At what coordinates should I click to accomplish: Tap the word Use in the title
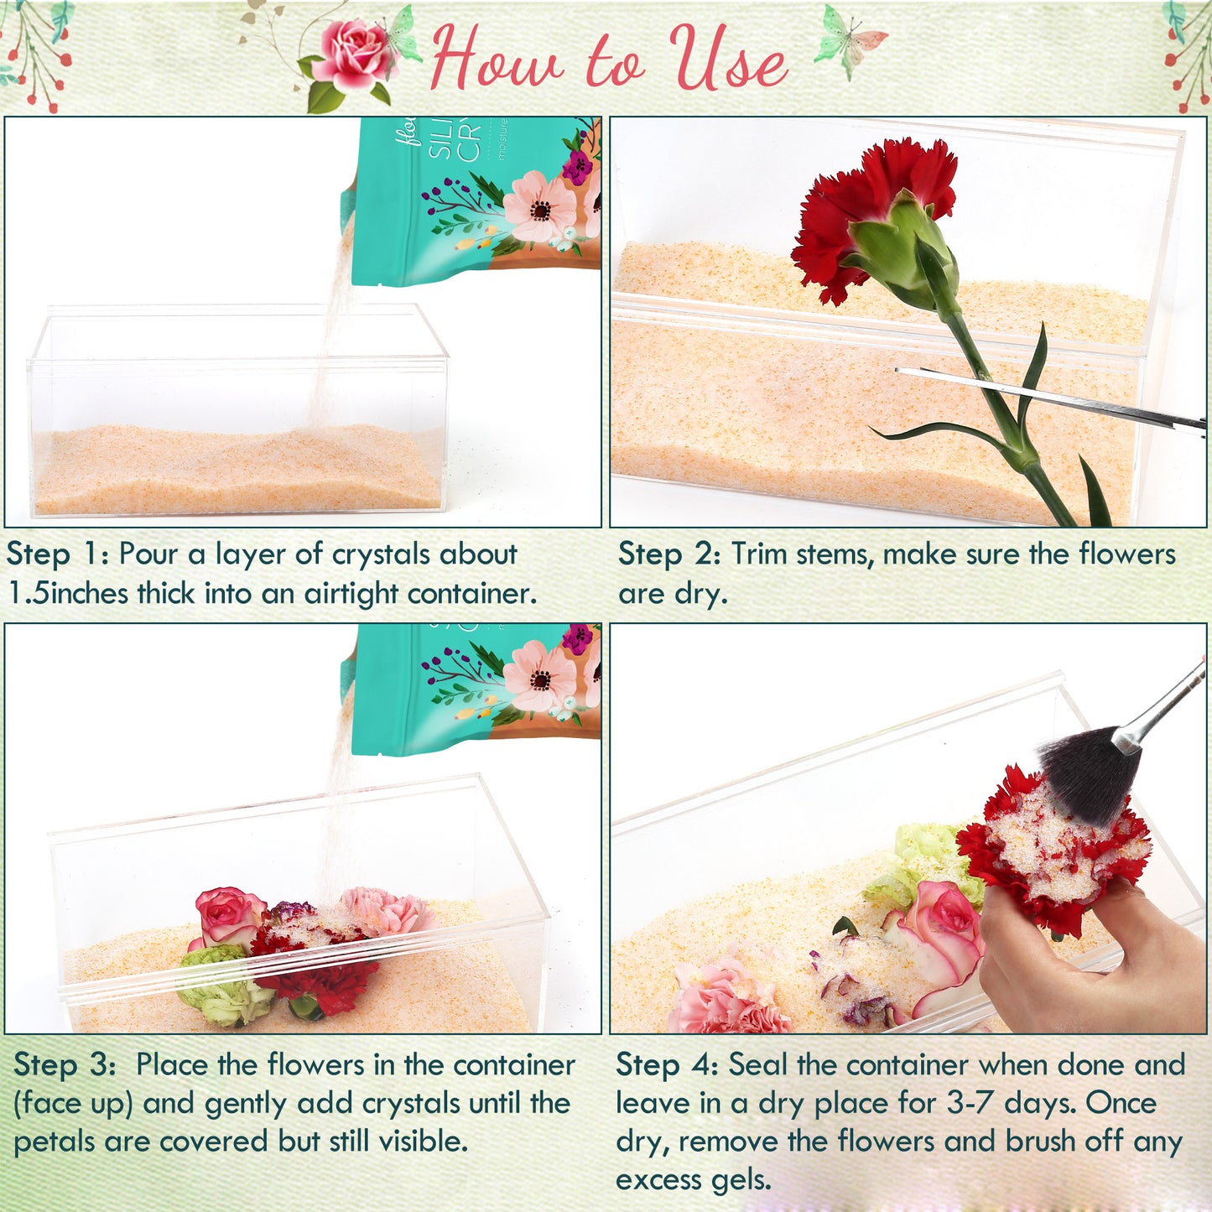728,59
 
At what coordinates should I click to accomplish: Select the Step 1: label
57,554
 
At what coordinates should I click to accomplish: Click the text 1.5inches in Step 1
67,594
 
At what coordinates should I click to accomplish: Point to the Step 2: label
669,554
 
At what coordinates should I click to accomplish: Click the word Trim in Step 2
760,554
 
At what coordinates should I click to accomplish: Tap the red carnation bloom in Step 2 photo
872,210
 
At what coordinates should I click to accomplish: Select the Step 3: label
65,1065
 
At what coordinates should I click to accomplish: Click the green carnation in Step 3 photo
222,990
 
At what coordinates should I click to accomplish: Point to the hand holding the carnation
1090,956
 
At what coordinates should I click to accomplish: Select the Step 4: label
667,1065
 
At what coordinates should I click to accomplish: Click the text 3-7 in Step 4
971,1104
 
